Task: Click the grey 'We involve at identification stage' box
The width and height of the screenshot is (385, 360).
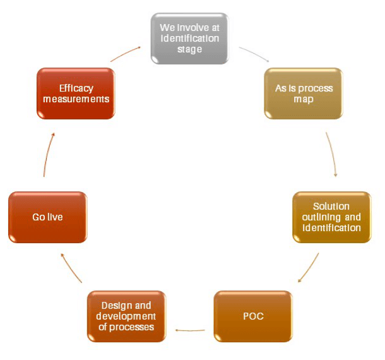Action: click(189, 38)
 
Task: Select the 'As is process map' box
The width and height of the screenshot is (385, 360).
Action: click(304, 93)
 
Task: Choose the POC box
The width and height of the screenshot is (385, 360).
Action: click(253, 316)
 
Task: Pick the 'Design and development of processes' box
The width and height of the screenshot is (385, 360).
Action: click(127, 316)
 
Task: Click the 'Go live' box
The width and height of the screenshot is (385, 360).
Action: click(48, 217)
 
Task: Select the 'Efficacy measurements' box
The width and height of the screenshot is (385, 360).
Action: click(76, 93)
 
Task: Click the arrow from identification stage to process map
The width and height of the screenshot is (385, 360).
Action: click(254, 53)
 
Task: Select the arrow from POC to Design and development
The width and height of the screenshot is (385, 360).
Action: click(189, 329)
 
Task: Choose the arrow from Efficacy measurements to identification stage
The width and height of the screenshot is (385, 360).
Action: click(125, 53)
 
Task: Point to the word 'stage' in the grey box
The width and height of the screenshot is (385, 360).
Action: click(189, 49)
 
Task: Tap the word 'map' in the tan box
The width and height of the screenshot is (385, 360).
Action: click(304, 99)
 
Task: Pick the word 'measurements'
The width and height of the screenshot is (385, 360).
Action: click(76, 99)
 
